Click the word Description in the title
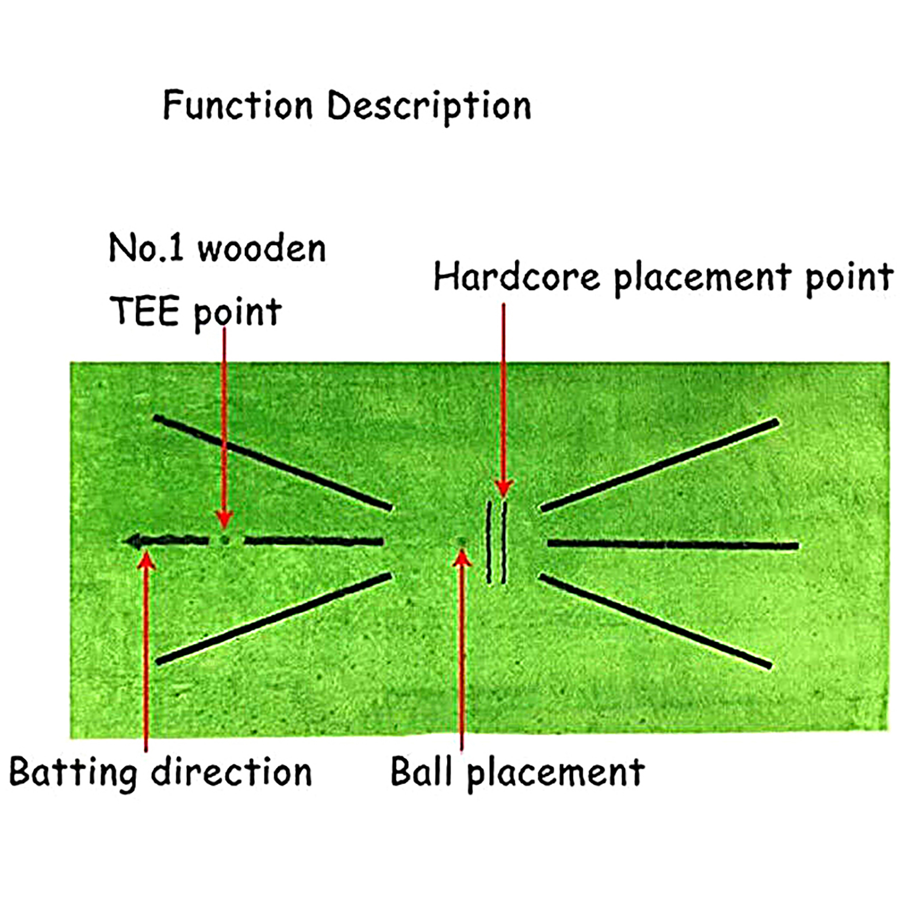[429, 107]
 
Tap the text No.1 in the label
[146, 248]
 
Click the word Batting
[72, 772]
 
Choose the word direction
[231, 772]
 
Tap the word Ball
[421, 772]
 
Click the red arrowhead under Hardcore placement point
[504, 488]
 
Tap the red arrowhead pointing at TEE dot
[224, 518]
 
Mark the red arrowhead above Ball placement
[462, 558]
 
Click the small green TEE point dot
[225, 540]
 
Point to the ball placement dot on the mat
[461, 541]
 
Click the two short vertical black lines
[497, 542]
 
